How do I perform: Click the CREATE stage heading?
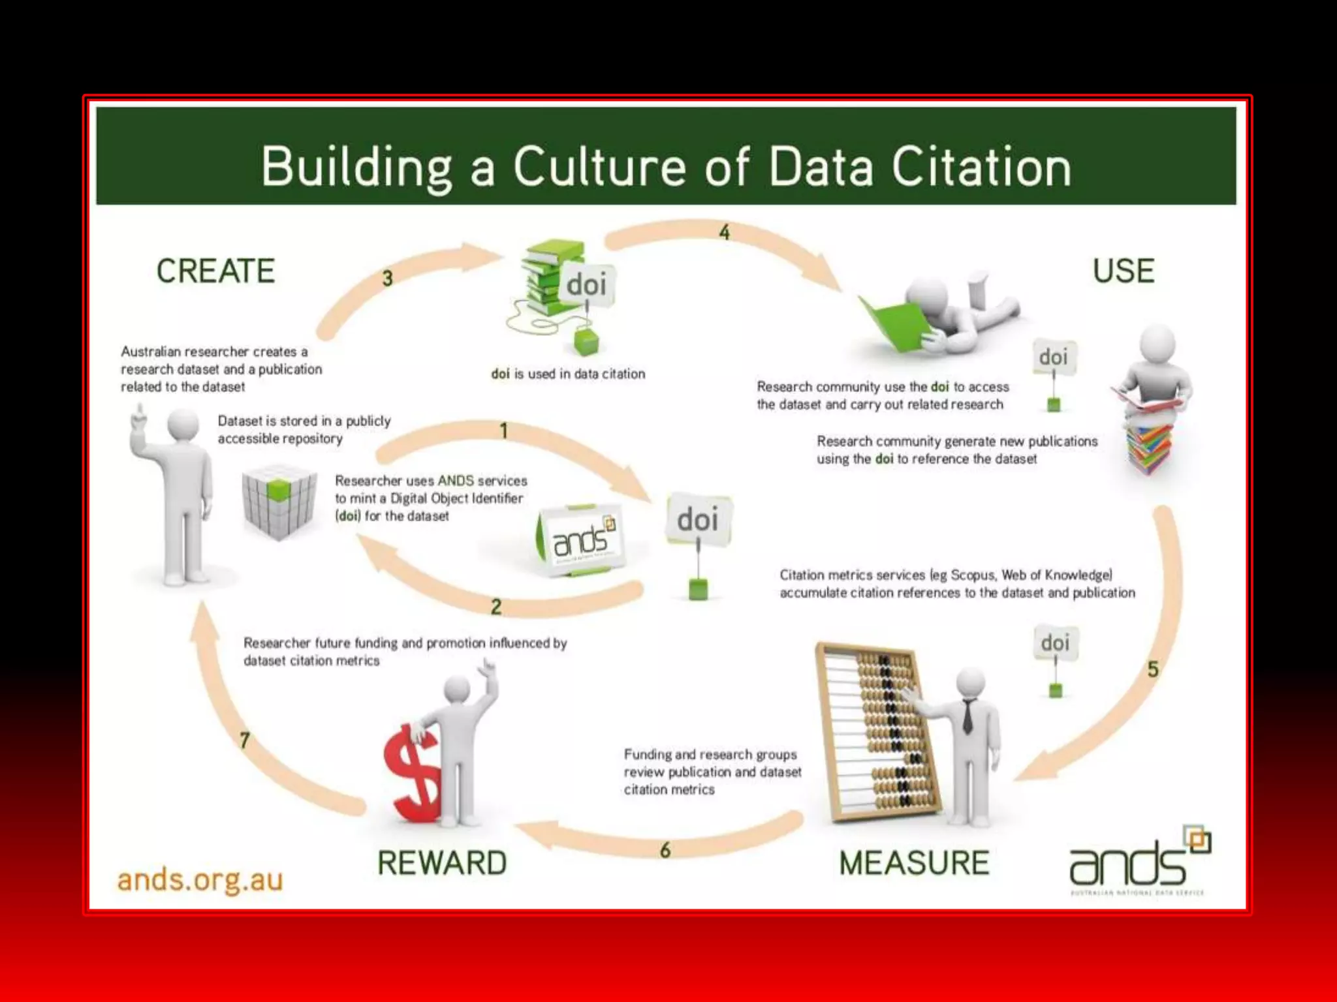pos(215,271)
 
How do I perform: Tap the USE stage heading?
pos(1124,271)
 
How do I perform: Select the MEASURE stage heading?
pos(914,863)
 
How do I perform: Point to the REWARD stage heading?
pos(442,863)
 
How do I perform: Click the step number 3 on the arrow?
pos(388,279)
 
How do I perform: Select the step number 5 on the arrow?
pos(1153,669)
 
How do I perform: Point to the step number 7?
pos(245,740)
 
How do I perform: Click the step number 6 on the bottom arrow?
pos(665,850)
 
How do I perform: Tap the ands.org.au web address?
pos(200,880)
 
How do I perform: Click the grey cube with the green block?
pos(279,501)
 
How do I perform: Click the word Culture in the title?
pos(599,166)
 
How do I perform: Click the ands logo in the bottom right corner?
pos(1139,861)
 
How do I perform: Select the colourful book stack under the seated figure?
pos(1150,447)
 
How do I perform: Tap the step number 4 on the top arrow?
pos(725,233)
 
